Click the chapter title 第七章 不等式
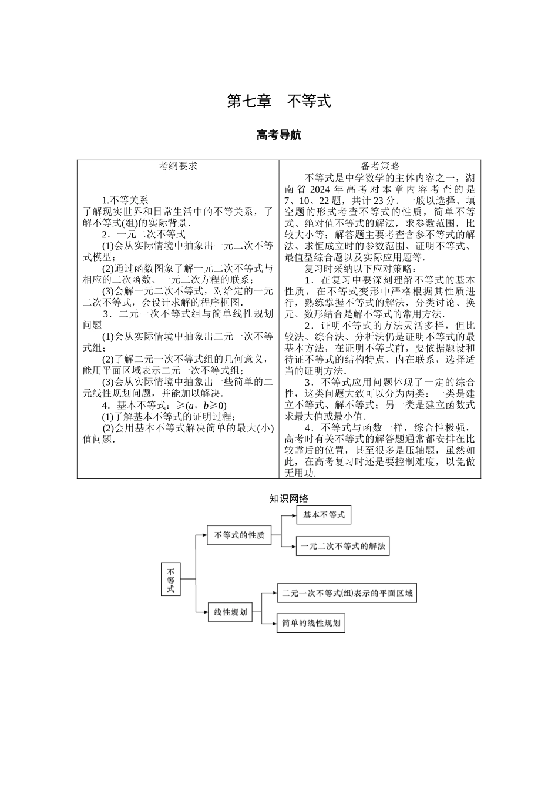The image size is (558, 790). pyautogui.click(x=279, y=101)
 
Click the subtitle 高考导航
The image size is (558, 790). pyautogui.click(x=279, y=135)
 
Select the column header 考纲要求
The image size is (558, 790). pyautogui.click(x=178, y=166)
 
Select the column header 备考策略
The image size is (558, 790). pyautogui.click(x=379, y=166)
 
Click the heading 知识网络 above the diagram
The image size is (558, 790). pyautogui.click(x=288, y=498)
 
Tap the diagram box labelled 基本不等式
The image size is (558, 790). pyautogui.click(x=324, y=515)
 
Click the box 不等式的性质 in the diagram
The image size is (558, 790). pyautogui.click(x=239, y=535)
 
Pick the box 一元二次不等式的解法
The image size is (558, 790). pyautogui.click(x=342, y=546)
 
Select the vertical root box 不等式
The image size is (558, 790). pyautogui.click(x=171, y=580)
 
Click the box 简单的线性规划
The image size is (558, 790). pyautogui.click(x=311, y=623)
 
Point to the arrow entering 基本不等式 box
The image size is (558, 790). pyautogui.click(x=290, y=515)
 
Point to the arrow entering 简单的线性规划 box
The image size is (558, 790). pyautogui.click(x=270, y=623)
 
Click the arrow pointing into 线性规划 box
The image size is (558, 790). pyautogui.click(x=201, y=612)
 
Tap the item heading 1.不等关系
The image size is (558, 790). pyautogui.click(x=125, y=200)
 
